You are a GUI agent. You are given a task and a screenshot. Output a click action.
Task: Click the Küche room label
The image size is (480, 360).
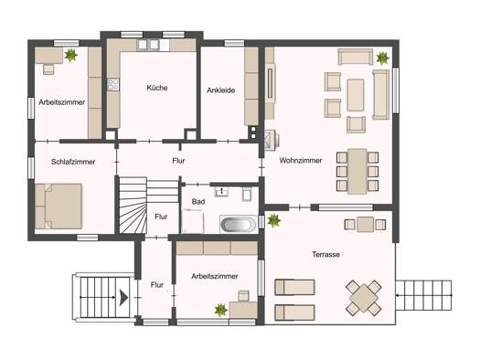tap(157, 88)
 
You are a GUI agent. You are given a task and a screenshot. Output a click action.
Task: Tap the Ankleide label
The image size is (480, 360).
tap(221, 90)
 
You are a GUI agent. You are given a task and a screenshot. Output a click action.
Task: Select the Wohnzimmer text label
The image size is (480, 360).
tap(301, 161)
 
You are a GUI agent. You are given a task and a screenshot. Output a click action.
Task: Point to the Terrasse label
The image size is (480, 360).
tap(325, 255)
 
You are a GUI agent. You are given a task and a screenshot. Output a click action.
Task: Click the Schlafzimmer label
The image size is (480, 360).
tap(73, 162)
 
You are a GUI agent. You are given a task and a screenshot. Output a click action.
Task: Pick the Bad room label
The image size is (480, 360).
tap(198, 202)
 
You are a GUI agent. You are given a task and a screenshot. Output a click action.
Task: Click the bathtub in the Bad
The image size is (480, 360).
tap(239, 225)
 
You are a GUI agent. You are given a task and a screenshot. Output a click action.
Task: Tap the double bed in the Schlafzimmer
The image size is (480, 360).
tap(59, 206)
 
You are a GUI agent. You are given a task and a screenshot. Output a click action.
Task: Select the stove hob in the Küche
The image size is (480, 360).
tap(113, 84)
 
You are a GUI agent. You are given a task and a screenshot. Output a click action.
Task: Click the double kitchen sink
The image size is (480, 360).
tap(148, 45)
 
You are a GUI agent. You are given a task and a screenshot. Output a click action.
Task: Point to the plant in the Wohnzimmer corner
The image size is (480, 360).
tap(382, 58)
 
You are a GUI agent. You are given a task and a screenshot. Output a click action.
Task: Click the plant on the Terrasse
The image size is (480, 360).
tap(273, 220)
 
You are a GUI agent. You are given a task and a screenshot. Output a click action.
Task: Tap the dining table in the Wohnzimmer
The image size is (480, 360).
tap(357, 171)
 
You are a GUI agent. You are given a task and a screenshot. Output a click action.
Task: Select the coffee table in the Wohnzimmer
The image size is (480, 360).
tap(356, 95)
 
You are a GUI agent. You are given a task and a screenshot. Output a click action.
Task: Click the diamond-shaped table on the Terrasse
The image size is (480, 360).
tap(364, 298)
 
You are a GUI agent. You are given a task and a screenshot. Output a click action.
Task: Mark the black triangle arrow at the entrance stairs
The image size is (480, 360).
tap(123, 297)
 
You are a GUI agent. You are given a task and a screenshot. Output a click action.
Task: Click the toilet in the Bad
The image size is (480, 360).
tap(247, 194)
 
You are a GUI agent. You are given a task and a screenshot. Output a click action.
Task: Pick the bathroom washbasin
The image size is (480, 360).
tap(221, 192)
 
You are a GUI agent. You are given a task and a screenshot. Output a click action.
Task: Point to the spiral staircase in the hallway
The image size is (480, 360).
tap(133, 206)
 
